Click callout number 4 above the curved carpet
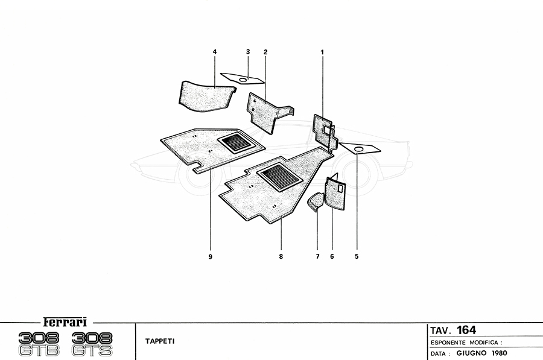click(x=215, y=52)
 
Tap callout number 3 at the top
click(x=248, y=52)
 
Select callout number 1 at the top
click(x=322, y=52)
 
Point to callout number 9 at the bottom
click(x=210, y=256)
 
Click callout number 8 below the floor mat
click(x=281, y=256)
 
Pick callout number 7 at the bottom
click(x=317, y=256)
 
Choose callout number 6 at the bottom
click(x=332, y=256)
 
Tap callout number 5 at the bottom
click(x=357, y=256)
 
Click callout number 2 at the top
click(x=265, y=52)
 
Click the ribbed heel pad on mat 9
click(x=237, y=142)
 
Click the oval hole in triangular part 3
click(x=244, y=80)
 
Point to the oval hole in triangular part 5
click(x=359, y=149)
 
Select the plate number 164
click(x=466, y=330)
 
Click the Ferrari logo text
click(x=65, y=322)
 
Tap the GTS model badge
click(x=92, y=351)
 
